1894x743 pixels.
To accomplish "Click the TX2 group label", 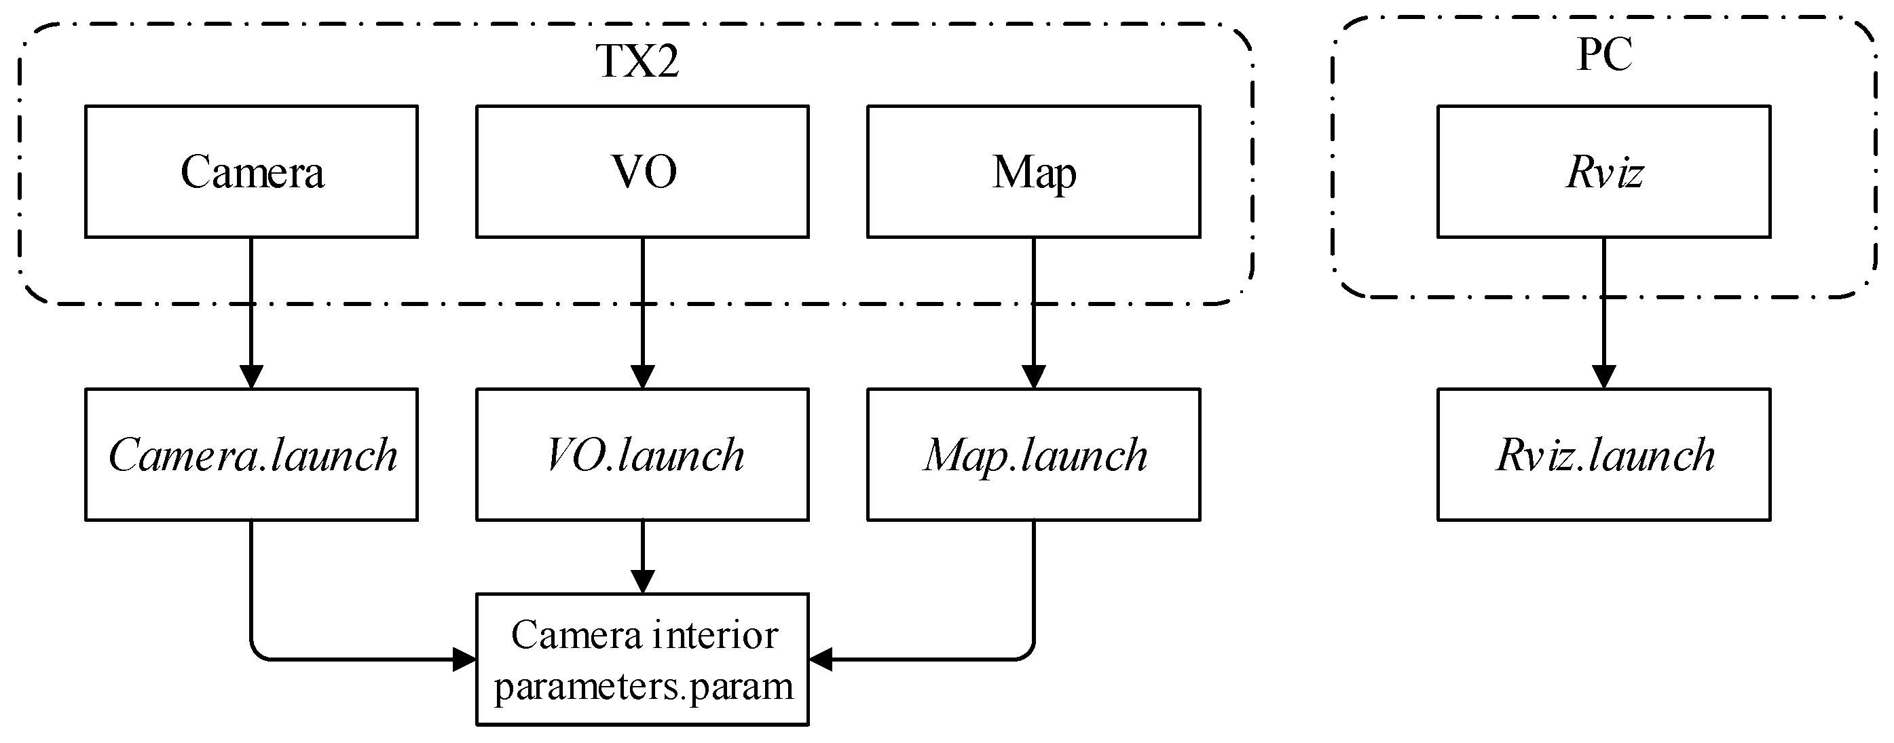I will pyautogui.click(x=636, y=60).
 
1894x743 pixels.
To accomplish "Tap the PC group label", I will pyautogui.click(x=1603, y=54).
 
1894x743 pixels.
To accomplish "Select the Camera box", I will pyautogui.click(x=251, y=171).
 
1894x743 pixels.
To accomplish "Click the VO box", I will pyautogui.click(x=643, y=171).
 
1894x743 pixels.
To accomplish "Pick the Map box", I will pyautogui.click(x=1034, y=171).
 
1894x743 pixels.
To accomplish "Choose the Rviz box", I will pyautogui.click(x=1603, y=171).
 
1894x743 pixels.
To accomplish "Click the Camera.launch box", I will pyautogui.click(x=251, y=454).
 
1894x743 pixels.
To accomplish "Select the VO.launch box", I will pyautogui.click(x=643, y=454).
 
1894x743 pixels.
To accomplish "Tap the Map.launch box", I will pyautogui.click(x=1034, y=454).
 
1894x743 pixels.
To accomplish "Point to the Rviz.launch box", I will pyautogui.click(x=1603, y=454).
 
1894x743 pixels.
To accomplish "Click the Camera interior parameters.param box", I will pyautogui.click(x=643, y=660).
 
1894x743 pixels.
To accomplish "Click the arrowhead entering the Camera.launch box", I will pyautogui.click(x=251, y=377).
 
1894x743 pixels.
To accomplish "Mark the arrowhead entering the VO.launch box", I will pyautogui.click(x=643, y=377).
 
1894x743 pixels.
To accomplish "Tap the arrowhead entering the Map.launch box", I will pyautogui.click(x=1034, y=377).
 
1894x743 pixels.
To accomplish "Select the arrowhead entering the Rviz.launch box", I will pyautogui.click(x=1603, y=377).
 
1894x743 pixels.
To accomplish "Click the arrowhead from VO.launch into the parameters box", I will pyautogui.click(x=643, y=582).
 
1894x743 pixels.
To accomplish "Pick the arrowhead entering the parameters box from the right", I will pyautogui.click(x=821, y=660).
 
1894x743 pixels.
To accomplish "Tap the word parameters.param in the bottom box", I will pyautogui.click(x=644, y=687).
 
